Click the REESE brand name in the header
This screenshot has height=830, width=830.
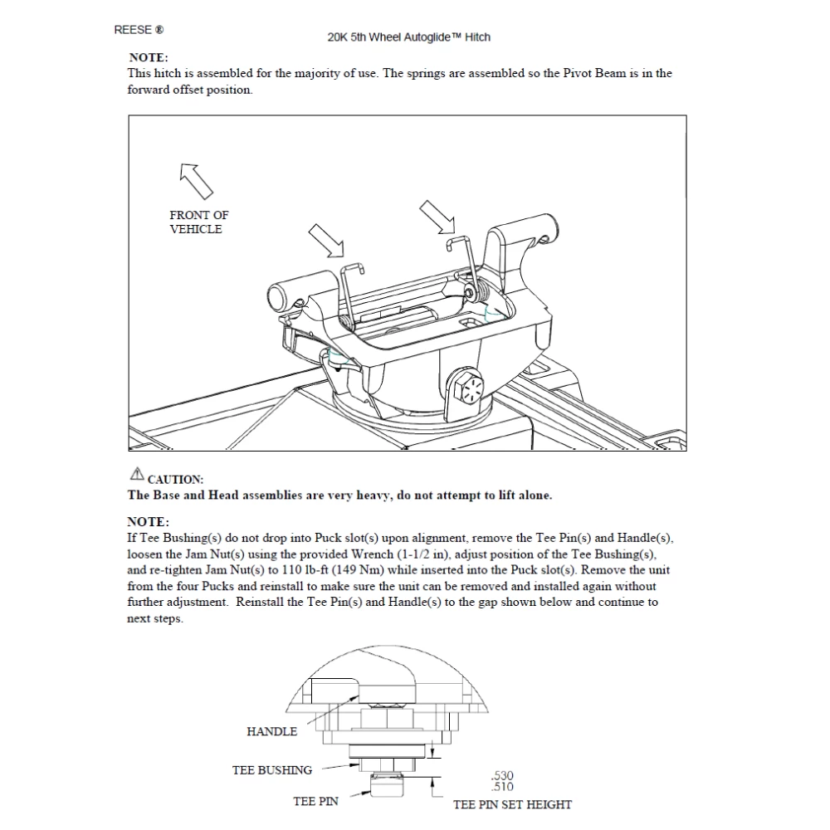coord(134,30)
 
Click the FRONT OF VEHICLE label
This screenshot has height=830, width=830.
coord(198,222)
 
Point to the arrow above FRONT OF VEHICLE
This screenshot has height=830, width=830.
coord(197,180)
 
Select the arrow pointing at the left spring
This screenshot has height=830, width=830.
coord(325,242)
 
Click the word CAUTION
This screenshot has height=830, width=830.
coord(175,480)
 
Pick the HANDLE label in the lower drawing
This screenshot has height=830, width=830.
coord(271,731)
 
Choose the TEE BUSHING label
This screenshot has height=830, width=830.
coord(271,770)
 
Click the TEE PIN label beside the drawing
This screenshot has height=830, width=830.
coord(315,802)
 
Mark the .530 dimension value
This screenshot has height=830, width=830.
coord(502,776)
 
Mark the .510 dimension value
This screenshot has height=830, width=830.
coord(502,787)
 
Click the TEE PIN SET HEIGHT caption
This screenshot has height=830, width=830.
coord(512,804)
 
